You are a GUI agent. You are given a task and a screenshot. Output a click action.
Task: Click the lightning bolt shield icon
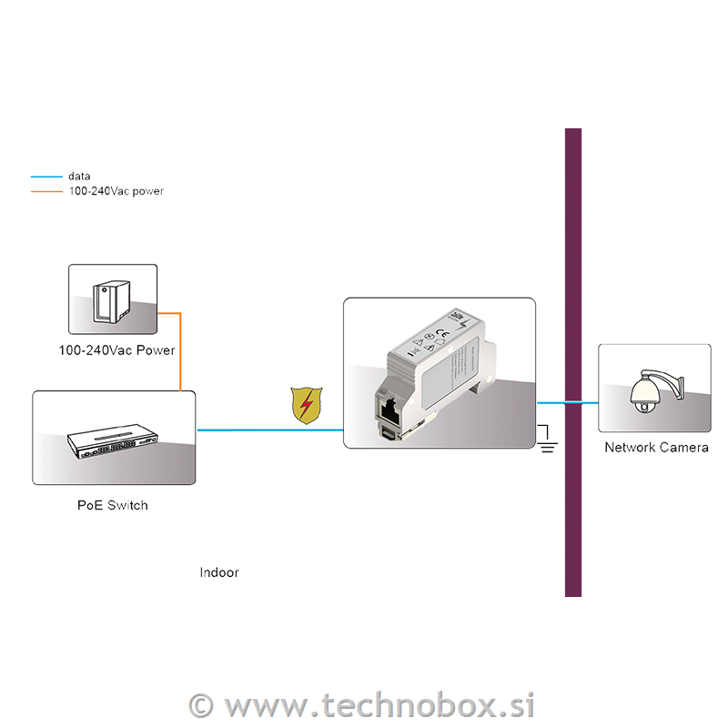(307, 405)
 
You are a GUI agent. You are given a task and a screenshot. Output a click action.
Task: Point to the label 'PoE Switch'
(112, 505)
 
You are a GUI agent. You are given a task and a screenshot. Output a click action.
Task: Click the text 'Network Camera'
(656, 447)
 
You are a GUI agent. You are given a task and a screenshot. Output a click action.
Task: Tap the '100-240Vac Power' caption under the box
(116, 350)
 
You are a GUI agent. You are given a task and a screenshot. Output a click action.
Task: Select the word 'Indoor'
(219, 572)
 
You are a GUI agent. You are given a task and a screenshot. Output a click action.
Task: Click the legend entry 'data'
(79, 177)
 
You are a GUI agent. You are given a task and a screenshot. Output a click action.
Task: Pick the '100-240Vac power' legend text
(116, 191)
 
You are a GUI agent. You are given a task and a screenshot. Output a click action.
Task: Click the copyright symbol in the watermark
(201, 705)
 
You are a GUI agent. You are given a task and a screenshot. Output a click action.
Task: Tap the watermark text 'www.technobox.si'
(379, 705)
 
